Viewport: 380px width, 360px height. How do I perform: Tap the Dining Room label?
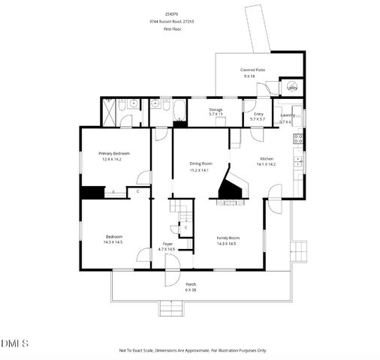(x=201, y=163)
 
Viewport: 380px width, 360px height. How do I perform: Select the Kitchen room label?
(x=267, y=159)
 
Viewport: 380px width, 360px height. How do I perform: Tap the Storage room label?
(x=216, y=110)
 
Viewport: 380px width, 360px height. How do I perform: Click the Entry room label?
(x=258, y=114)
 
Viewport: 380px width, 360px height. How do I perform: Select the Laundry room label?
(x=286, y=115)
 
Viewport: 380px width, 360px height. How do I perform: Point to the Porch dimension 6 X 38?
(x=191, y=290)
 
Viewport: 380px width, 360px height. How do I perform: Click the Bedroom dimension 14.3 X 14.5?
(x=113, y=242)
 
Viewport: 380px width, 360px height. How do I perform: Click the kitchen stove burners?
(x=298, y=138)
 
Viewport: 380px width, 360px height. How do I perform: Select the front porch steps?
(x=171, y=308)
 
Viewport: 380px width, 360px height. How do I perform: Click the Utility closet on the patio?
(x=292, y=88)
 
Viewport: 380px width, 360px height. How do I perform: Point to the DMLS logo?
(x=15, y=343)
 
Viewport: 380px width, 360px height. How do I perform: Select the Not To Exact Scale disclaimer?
(x=192, y=350)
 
